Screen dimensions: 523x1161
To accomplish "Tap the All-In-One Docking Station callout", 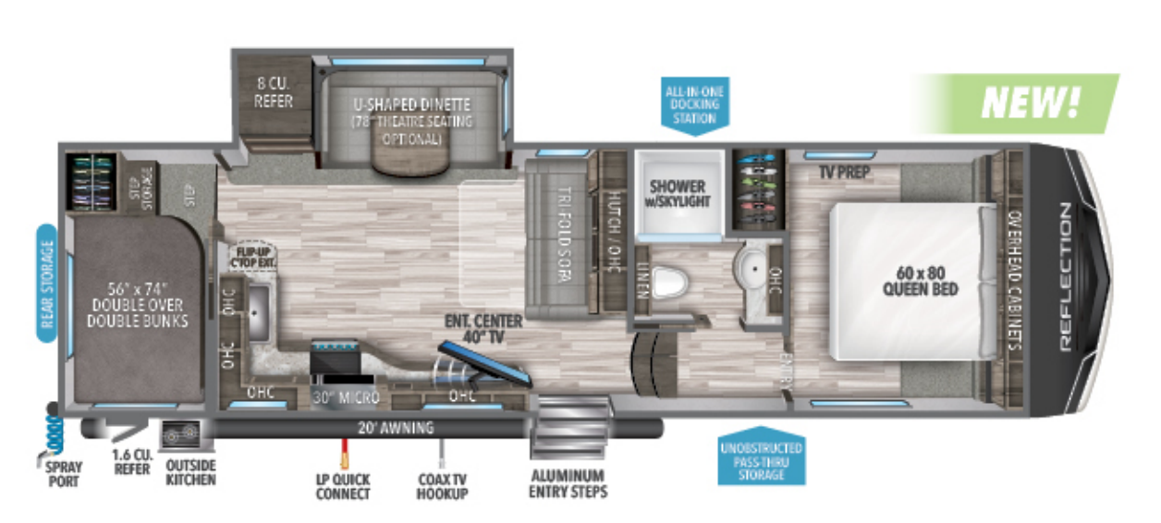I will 696,104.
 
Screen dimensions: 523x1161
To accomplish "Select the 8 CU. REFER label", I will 274,93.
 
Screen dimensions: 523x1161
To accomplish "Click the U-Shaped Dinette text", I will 411,104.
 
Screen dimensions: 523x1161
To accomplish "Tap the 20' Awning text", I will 396,428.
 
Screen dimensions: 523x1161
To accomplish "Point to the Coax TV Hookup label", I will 442,486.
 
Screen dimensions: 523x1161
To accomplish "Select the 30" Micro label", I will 339,398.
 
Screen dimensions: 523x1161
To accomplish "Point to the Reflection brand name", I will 1064,277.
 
